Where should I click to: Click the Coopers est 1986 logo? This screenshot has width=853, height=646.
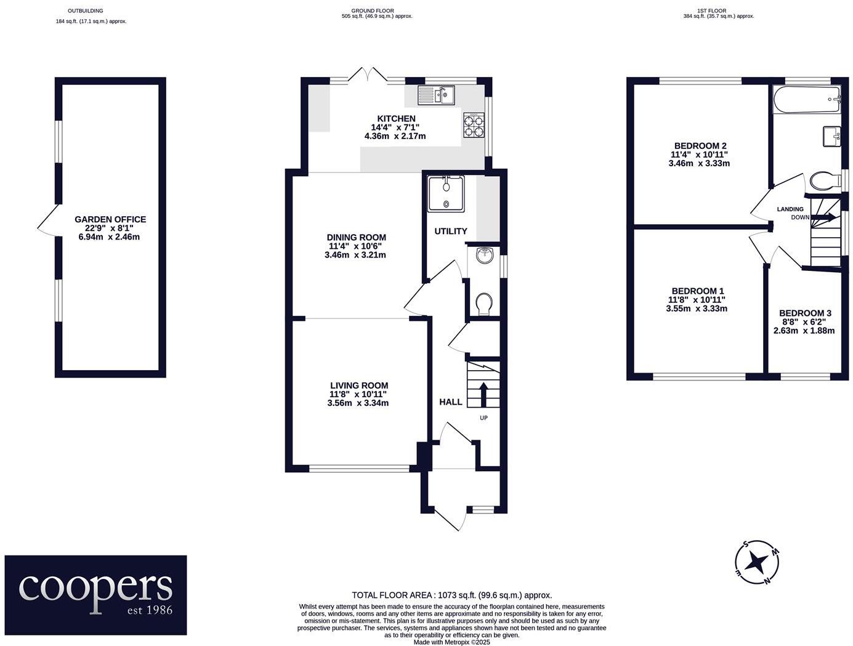(95, 594)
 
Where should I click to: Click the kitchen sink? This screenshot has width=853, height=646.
(435, 94)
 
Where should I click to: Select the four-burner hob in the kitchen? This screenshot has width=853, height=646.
(473, 125)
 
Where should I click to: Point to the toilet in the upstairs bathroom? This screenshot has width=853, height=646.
(825, 181)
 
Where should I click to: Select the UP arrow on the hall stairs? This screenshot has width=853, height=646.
(482, 394)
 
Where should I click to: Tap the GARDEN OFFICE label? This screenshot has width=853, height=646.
(110, 219)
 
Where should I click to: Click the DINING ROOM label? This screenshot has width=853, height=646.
(356, 237)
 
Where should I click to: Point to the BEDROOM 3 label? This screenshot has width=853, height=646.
(804, 313)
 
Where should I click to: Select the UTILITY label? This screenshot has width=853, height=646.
(451, 231)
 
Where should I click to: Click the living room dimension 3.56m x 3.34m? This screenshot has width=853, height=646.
(358, 403)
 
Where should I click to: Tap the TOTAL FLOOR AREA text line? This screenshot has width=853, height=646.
(451, 595)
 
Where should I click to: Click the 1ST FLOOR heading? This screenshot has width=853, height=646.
(711, 10)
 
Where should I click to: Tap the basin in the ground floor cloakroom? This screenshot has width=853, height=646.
(485, 254)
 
